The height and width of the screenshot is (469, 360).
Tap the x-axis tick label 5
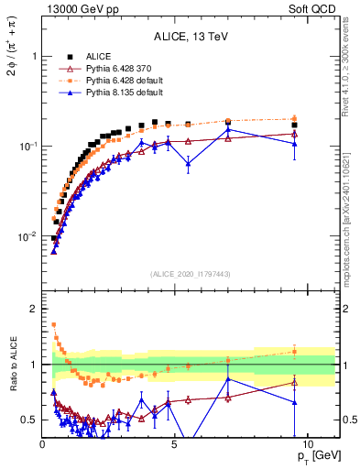175,442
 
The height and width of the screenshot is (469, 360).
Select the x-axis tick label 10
307,442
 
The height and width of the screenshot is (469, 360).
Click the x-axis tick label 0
43,442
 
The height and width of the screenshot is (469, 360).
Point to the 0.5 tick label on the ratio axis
30,420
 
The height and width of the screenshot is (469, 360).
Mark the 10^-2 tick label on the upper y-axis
27,236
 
